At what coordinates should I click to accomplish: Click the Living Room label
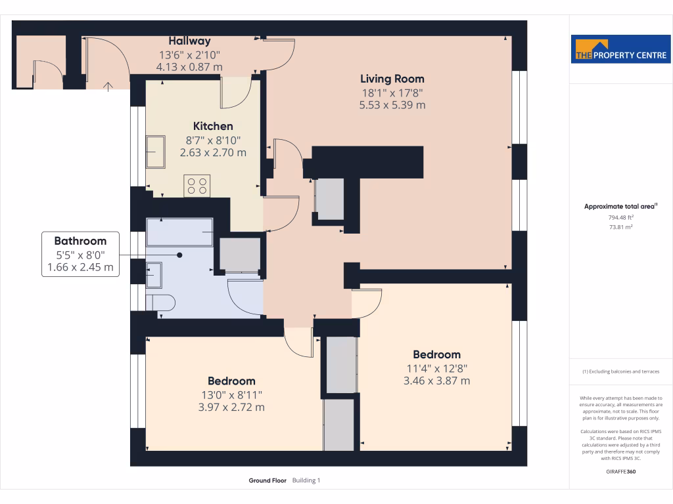[x=392, y=79]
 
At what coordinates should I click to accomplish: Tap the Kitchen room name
[x=212, y=126]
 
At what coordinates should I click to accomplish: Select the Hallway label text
[x=189, y=41]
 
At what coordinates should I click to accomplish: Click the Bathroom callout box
[x=80, y=254]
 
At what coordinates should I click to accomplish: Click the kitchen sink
[x=156, y=152]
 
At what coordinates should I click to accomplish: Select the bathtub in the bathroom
[x=179, y=232]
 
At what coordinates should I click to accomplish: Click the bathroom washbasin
[x=154, y=274]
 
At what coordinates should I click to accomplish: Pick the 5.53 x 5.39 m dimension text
[x=392, y=105]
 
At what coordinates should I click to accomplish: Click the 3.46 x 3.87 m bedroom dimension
[x=436, y=381]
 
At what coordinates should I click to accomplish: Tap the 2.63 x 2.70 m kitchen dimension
[x=213, y=152]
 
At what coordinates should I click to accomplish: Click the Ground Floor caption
[x=267, y=480]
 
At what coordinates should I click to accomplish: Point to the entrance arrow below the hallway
[x=109, y=85]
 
